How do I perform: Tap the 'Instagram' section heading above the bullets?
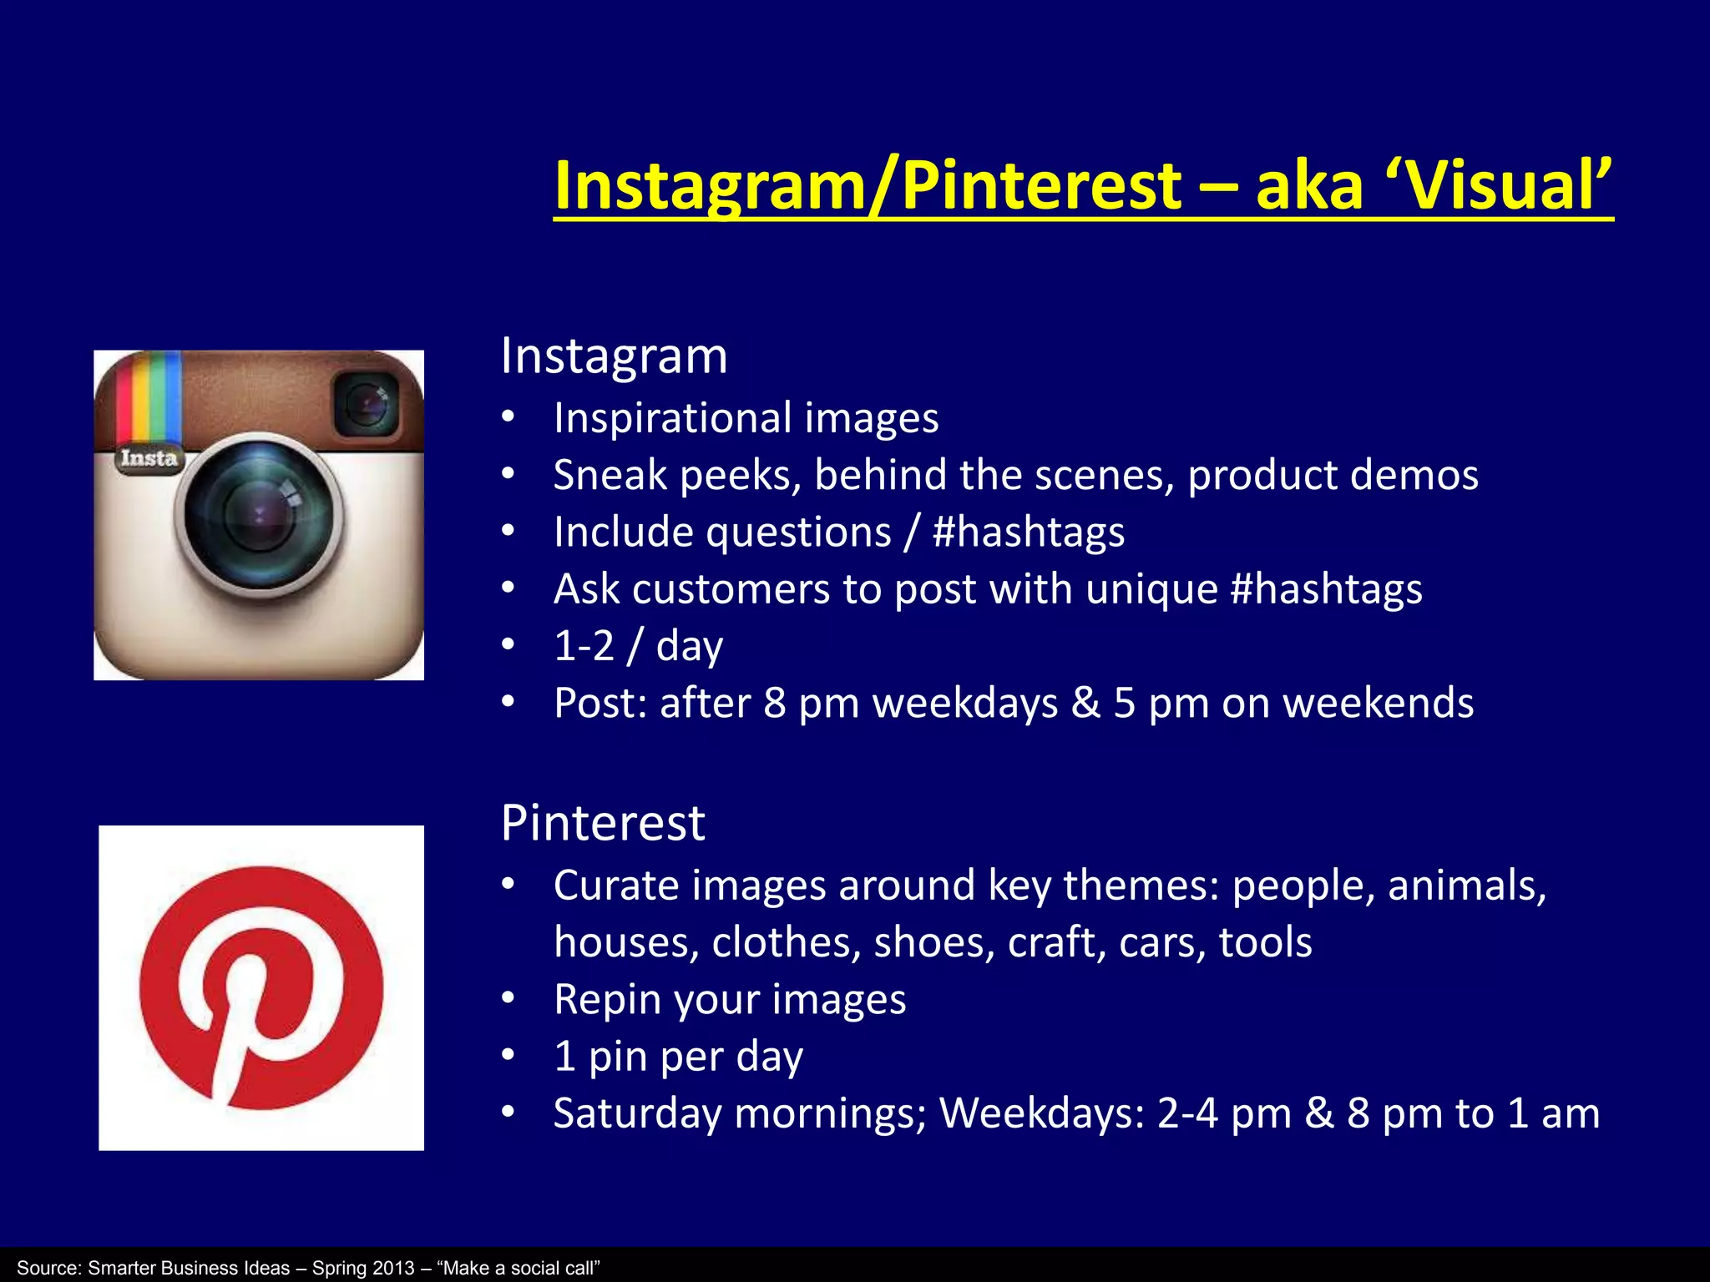(x=614, y=357)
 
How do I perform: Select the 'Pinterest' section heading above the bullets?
(x=603, y=824)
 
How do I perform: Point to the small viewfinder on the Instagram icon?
(x=366, y=405)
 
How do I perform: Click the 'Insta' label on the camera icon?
(x=149, y=458)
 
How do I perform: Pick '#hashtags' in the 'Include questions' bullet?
(x=1028, y=532)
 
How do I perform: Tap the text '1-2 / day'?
(x=638, y=647)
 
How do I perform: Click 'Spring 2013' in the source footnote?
(x=362, y=1268)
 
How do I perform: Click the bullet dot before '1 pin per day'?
(x=508, y=1056)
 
